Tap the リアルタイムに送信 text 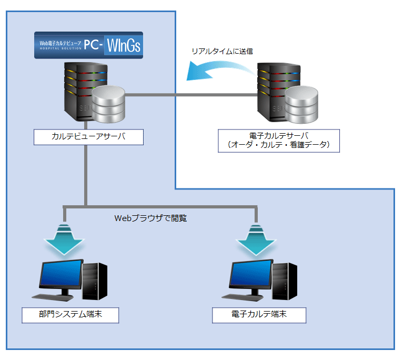[223, 52]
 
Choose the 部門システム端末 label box [70, 315]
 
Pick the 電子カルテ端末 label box [259, 315]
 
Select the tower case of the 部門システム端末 [95, 282]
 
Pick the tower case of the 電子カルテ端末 [284, 282]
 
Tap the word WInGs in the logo [124, 45]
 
